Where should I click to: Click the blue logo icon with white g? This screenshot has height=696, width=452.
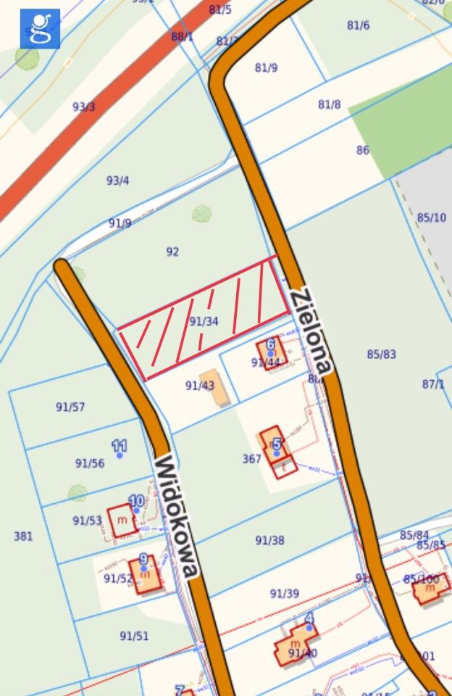(40, 28)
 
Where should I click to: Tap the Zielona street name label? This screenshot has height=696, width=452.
(311, 331)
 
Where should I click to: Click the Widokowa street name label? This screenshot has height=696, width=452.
(176, 516)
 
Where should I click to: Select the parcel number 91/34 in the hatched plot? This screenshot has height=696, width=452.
(204, 320)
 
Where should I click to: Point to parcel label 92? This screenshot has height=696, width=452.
(172, 252)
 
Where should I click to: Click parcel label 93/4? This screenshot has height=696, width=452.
(117, 180)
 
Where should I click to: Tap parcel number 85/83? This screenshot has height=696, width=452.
(381, 354)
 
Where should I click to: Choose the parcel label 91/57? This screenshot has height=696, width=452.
(70, 407)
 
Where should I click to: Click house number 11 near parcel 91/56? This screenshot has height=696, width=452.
(120, 445)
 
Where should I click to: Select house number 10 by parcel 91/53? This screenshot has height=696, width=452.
(136, 501)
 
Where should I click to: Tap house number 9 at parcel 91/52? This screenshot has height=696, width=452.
(143, 559)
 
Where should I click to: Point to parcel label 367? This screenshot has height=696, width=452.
(251, 459)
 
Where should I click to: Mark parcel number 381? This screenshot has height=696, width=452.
(23, 536)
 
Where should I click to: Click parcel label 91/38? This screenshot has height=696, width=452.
(269, 540)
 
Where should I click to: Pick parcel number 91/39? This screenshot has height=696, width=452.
(284, 593)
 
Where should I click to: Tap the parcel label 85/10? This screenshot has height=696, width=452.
(432, 217)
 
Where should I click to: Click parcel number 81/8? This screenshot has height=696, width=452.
(329, 104)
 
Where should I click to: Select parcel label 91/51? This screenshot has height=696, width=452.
(134, 636)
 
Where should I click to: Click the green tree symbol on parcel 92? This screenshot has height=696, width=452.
(202, 214)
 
